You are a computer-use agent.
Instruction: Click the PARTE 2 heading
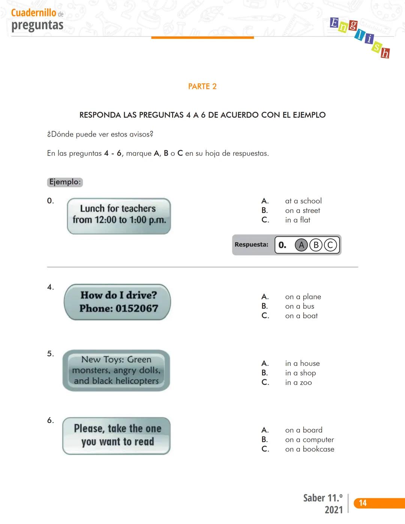coord(202,87)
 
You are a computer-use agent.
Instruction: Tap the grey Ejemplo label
coord(65,182)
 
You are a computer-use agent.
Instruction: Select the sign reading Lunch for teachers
coord(119,216)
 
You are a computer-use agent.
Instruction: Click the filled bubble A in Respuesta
coord(301,245)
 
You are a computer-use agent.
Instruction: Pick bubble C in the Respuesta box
coord(330,245)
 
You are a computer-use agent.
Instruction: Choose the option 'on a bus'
coord(300,306)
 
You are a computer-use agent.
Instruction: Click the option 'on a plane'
coord(303,297)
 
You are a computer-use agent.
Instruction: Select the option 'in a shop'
coord(300,373)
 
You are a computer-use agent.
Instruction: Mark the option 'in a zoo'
coord(298,383)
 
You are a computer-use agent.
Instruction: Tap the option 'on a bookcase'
coord(309,449)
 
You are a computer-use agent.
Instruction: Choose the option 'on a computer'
coord(309,440)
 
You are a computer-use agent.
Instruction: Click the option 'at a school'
coord(303,201)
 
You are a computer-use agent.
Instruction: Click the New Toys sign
coord(116,370)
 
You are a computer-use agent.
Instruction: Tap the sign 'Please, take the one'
coord(117,435)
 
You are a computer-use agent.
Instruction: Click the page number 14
coord(363,503)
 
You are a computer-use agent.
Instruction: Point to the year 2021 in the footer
coord(333,510)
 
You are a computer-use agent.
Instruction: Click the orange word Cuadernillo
coord(34,13)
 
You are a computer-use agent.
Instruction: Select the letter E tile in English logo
coord(334,23)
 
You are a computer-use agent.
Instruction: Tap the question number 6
coord(50,420)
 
